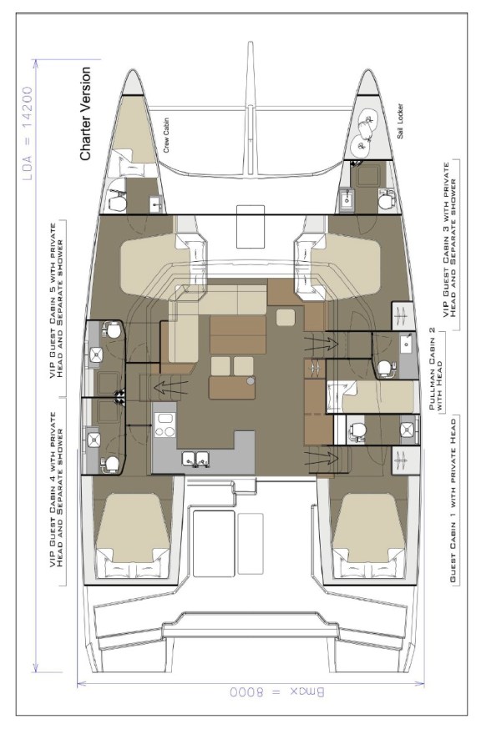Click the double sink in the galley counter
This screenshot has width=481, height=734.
pyautogui.click(x=198, y=457)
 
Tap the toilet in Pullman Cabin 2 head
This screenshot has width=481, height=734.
pyautogui.click(x=385, y=366)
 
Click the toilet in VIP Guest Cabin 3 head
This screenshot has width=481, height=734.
pyautogui.click(x=385, y=201)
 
